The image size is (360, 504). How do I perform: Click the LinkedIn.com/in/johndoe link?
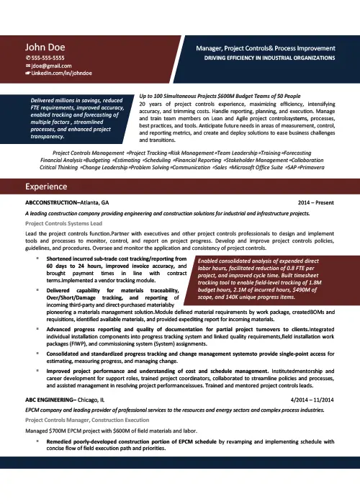pos(55,74)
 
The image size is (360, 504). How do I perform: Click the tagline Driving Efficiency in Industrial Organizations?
pos(269,57)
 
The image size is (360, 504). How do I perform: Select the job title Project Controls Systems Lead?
pos(64,224)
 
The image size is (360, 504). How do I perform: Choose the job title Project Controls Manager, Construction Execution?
pos(89,419)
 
